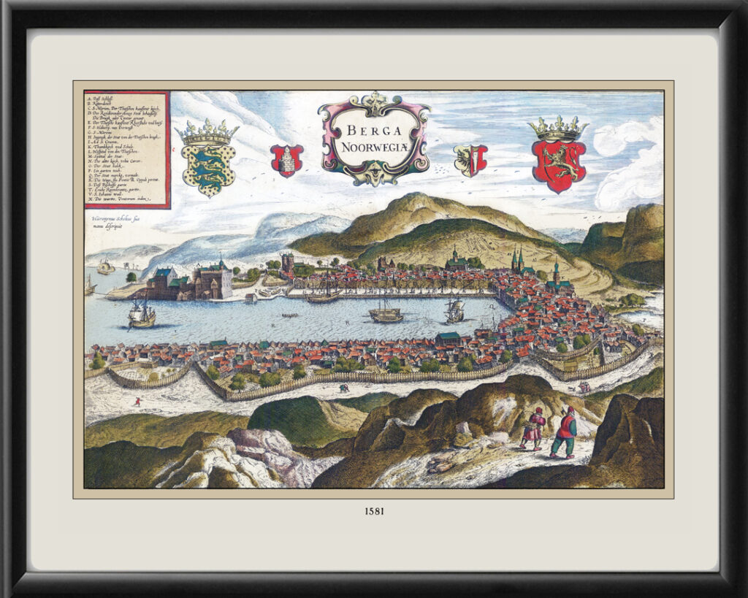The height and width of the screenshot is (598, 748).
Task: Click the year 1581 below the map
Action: (x=373, y=511)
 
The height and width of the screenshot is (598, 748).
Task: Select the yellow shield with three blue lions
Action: (x=208, y=167)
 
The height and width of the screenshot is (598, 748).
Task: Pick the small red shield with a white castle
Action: (x=286, y=160)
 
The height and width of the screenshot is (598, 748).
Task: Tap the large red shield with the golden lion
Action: (x=559, y=165)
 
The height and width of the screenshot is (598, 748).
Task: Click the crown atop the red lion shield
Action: (x=559, y=128)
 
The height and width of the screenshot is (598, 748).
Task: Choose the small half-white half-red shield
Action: (x=470, y=159)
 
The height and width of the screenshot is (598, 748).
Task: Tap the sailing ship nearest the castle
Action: (x=142, y=314)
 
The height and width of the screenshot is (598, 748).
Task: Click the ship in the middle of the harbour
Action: (x=386, y=313)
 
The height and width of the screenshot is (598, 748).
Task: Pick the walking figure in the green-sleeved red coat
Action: (x=564, y=433)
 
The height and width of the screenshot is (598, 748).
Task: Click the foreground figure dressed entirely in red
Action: (x=533, y=428)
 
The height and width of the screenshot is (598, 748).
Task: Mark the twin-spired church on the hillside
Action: (x=518, y=262)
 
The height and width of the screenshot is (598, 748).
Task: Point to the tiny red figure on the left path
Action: (x=137, y=401)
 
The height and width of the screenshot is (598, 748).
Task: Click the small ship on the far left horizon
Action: (x=105, y=267)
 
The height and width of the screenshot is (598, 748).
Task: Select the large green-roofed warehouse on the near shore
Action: (x=449, y=338)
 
